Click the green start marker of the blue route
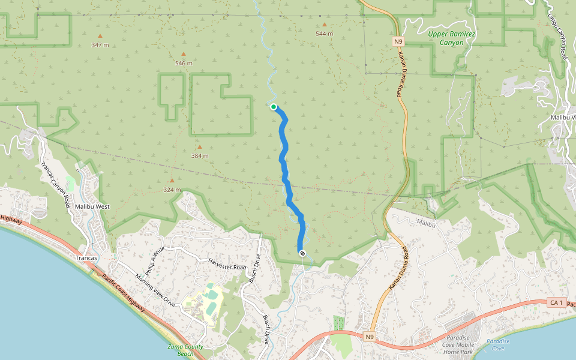(274, 107)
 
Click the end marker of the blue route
(302, 253)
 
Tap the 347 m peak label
(100, 45)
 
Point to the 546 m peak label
(184, 63)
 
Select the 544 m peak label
(324, 34)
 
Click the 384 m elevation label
(200, 155)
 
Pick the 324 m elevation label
(172, 190)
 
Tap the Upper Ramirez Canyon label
(452, 38)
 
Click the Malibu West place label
(92, 206)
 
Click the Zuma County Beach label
(185, 350)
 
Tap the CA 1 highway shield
(556, 303)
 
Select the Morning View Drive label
(155, 290)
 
